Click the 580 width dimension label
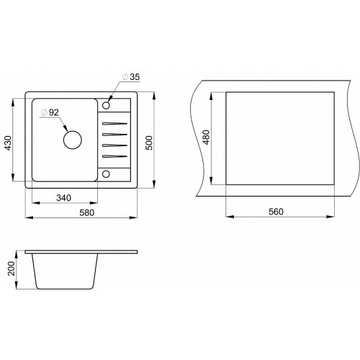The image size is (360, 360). pyautogui.click(x=87, y=212)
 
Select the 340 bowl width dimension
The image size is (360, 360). pyautogui.click(x=63, y=198)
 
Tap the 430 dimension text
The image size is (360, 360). pyautogui.click(x=9, y=143)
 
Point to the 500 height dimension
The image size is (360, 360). pyautogui.click(x=149, y=143)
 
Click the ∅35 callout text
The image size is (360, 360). pyautogui.click(x=131, y=77)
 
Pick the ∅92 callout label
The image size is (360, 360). pyautogui.click(x=50, y=112)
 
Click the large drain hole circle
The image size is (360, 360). pyautogui.click(x=73, y=140)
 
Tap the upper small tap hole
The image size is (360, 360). pyautogui.click(x=106, y=105)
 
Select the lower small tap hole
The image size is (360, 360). pyautogui.click(x=106, y=174)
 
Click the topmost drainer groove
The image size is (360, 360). pyautogui.click(x=114, y=124)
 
